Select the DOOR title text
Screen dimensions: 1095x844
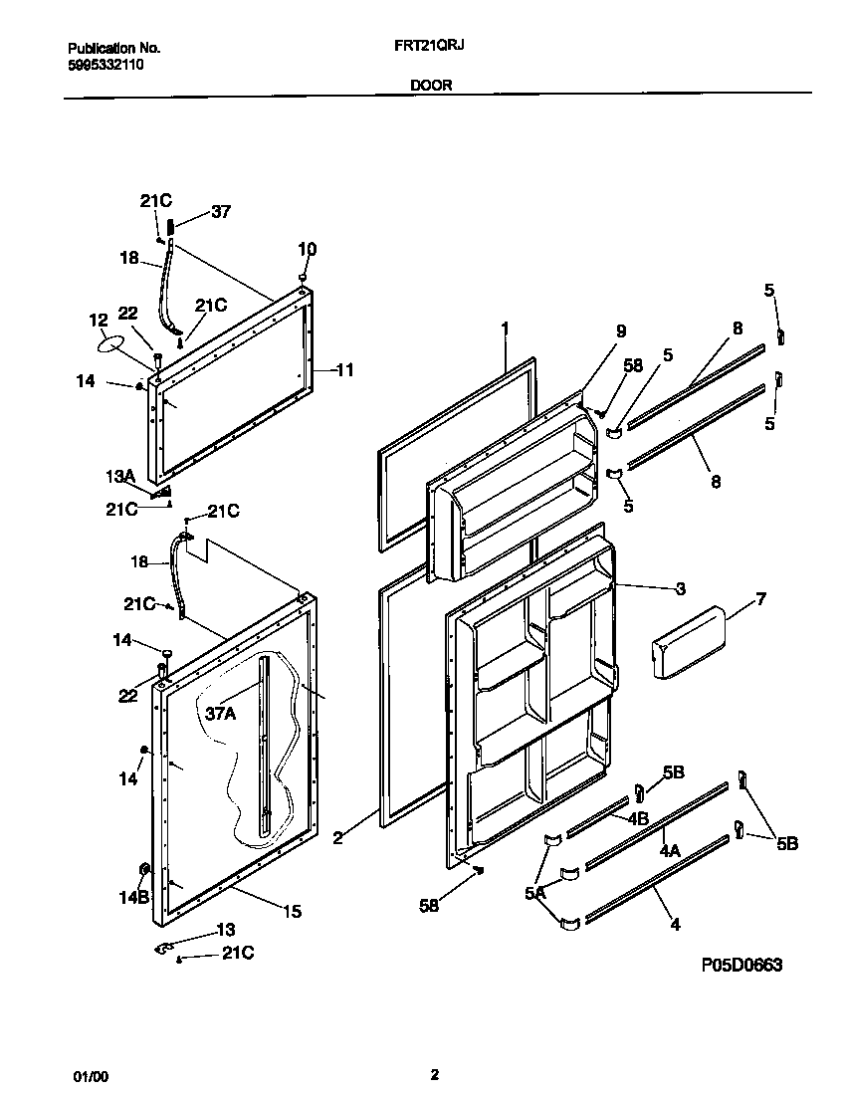click(431, 86)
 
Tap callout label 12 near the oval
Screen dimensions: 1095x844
click(98, 320)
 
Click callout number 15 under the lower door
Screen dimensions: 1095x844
click(292, 911)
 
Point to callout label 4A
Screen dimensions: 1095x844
click(669, 852)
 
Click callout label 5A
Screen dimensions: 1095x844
click(535, 894)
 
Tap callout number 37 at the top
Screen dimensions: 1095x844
click(220, 211)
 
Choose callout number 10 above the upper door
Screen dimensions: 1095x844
click(307, 248)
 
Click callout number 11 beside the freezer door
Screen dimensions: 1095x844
click(343, 370)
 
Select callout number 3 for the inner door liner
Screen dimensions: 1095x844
click(680, 588)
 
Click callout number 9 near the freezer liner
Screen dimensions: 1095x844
click(621, 331)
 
